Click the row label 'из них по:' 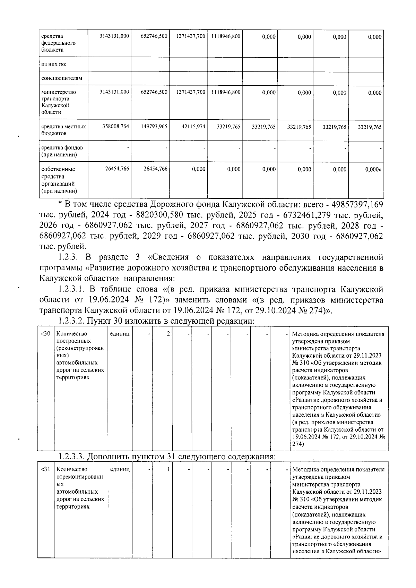click(54, 64)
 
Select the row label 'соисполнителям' click(57, 78)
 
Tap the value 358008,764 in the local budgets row click(116, 127)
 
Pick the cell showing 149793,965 click(154, 127)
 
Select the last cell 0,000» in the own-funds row click(373, 169)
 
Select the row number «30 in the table click(46, 334)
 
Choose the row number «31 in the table click(46, 470)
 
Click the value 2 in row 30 click(168, 334)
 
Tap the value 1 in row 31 click(168, 470)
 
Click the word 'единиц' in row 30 click(120, 334)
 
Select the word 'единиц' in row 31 click(120, 470)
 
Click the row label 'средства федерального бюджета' click(58, 43)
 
